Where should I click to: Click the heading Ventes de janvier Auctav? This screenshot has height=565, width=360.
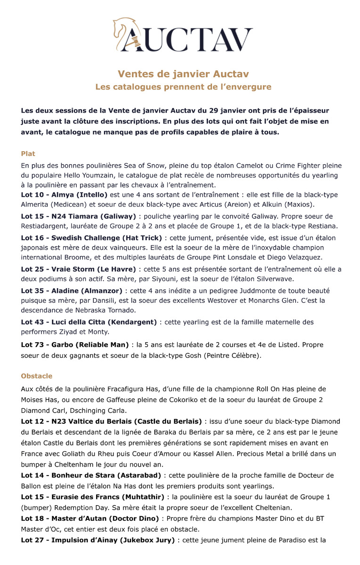point(183,74)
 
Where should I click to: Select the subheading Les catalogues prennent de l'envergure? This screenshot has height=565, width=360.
point(183,87)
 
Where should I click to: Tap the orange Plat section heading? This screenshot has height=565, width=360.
point(28,154)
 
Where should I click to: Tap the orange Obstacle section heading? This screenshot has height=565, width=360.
point(37,376)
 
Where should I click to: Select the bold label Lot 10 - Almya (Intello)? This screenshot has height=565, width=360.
point(64,195)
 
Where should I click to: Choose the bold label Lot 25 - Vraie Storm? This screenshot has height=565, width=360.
point(78,269)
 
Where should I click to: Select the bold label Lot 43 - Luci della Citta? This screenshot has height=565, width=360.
point(89,322)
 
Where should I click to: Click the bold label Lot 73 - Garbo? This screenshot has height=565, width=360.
point(75,345)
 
